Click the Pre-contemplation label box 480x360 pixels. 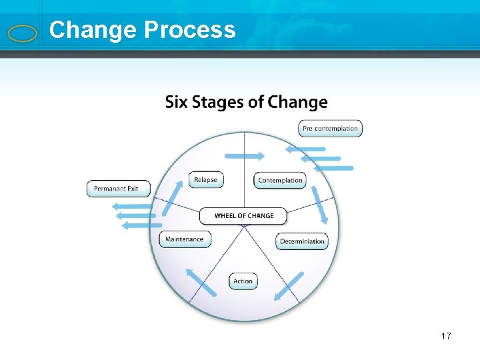330,128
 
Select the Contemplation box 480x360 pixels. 280,180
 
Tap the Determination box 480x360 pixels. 302,241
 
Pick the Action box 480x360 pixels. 243,281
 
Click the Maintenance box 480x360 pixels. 185,239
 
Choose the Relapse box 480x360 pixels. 205,179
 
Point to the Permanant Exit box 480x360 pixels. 119,189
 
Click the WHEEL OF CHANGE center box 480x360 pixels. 244,216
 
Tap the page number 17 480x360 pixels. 445,336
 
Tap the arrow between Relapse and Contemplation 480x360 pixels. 244,156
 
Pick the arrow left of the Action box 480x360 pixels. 201,282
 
